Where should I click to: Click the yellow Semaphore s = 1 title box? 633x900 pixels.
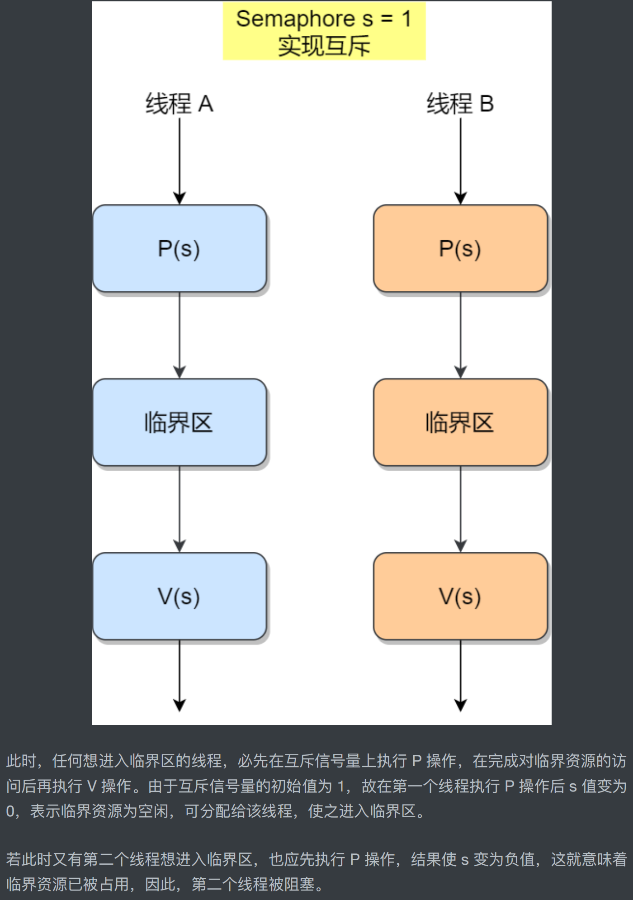click(x=324, y=31)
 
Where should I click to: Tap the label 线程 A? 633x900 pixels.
click(x=179, y=104)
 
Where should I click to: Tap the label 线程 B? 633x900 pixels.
click(x=460, y=104)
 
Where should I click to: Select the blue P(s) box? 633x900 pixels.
click(x=179, y=248)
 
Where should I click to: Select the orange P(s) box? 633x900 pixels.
click(x=460, y=248)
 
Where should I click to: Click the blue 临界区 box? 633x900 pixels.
click(x=179, y=422)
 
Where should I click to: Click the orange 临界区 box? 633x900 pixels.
click(x=460, y=422)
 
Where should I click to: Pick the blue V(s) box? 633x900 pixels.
click(x=179, y=596)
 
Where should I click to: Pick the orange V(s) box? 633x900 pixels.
click(x=460, y=596)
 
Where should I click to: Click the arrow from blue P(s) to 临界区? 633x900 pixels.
click(x=180, y=335)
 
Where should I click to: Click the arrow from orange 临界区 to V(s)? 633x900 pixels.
click(x=460, y=509)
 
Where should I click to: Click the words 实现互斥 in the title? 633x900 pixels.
click(x=324, y=46)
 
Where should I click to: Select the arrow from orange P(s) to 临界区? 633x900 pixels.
click(x=460, y=335)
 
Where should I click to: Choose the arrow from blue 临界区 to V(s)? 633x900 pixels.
click(x=180, y=509)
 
